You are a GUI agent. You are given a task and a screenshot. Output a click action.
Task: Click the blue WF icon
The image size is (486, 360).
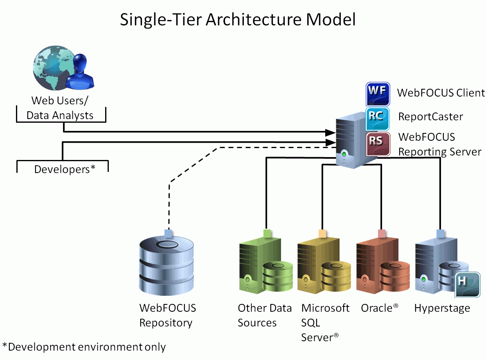coord(378,94)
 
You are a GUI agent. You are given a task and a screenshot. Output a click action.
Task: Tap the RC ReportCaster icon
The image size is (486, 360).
coord(378,119)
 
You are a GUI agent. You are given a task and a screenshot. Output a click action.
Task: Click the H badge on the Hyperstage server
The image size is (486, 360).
coord(468,285)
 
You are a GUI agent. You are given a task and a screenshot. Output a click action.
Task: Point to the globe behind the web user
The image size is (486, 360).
coord(54,68)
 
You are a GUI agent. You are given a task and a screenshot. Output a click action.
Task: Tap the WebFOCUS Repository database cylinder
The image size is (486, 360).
coord(166,265)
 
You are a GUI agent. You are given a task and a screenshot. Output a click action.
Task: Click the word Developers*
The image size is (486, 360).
coord(65,169)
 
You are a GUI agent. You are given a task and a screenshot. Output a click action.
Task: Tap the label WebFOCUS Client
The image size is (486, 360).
coord(441,93)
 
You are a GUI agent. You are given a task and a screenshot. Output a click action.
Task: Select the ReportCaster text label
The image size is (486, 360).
coord(430,117)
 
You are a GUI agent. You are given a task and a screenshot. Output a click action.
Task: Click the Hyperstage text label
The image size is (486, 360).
coord(442,308)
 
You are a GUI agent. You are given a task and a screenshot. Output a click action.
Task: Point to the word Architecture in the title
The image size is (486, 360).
coord(253,20)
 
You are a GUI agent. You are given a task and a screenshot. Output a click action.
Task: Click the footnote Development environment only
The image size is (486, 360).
coord(87,346)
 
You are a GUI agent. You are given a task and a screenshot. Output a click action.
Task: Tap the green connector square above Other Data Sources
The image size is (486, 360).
coord(267,234)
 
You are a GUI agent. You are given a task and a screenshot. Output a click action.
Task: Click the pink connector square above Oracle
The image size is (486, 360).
coord(382,234)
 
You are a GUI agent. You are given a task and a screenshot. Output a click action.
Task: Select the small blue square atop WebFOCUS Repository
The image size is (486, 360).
coord(168,234)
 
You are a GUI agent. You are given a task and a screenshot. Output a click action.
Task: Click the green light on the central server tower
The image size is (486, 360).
coord(344,154)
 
